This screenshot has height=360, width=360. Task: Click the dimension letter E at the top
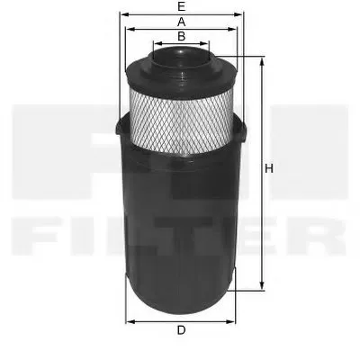[x=181, y=6]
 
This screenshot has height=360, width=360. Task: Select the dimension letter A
[x=181, y=21]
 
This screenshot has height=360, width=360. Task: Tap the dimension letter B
[x=181, y=36]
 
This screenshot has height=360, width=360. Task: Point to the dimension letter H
[x=269, y=168]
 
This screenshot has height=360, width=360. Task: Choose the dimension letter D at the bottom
[x=181, y=330]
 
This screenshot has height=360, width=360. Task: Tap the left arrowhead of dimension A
[x=129, y=29]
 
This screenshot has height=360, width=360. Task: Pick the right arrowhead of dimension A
[x=236, y=29]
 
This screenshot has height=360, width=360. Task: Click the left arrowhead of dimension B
[x=154, y=43]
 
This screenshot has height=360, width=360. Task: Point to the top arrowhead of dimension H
[x=262, y=60]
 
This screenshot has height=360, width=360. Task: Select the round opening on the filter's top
[x=181, y=56]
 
